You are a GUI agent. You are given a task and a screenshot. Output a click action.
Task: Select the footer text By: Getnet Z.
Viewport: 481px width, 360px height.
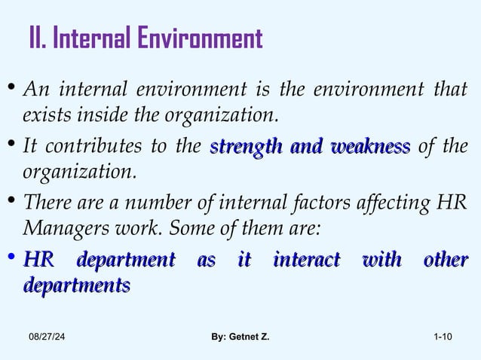click(x=240, y=347)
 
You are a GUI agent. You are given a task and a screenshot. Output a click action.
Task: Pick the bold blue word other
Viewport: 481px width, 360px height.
click(x=446, y=261)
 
